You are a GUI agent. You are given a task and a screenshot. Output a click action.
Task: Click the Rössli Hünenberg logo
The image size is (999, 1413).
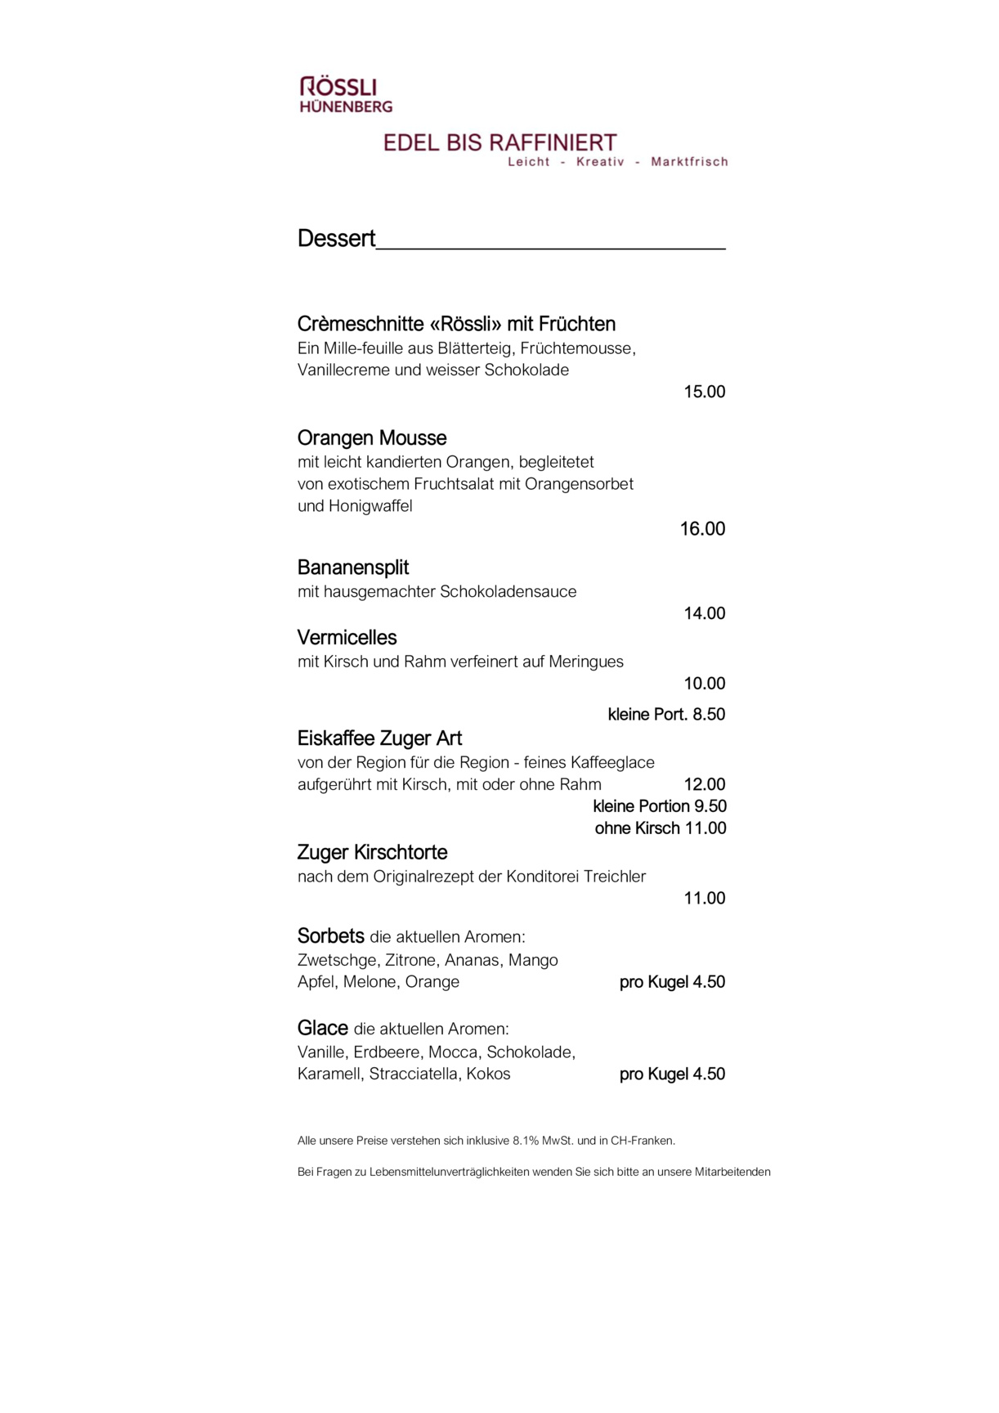click(346, 95)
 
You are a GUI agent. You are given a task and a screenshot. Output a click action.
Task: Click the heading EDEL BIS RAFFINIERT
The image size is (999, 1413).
click(500, 143)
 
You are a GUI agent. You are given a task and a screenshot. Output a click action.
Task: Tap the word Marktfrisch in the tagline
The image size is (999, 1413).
click(689, 162)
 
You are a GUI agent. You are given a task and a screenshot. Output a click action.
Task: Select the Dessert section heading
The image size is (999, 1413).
click(336, 239)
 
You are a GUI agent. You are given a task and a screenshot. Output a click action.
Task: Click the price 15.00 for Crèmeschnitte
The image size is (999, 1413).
click(705, 392)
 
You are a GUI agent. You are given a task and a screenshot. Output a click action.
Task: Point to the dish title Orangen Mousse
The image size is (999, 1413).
click(372, 438)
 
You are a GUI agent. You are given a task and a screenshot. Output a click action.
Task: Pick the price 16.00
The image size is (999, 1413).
click(703, 529)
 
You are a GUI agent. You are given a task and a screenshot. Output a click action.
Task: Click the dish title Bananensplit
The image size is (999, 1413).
click(353, 567)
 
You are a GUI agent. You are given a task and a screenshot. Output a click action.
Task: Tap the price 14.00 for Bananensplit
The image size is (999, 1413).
click(705, 613)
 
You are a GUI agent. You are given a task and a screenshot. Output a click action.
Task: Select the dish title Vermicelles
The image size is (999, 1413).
click(347, 638)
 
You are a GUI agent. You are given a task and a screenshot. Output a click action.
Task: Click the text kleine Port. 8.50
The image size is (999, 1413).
click(666, 715)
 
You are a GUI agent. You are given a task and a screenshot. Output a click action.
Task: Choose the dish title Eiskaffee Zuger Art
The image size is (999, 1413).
click(379, 739)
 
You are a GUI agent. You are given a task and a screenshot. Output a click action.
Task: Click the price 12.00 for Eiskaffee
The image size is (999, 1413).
click(705, 785)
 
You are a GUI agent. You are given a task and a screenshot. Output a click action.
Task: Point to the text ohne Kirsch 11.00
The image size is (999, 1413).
click(661, 828)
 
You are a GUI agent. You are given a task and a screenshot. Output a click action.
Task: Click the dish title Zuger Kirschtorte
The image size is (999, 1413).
click(372, 853)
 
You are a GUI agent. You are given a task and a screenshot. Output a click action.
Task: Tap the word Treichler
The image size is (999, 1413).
click(615, 877)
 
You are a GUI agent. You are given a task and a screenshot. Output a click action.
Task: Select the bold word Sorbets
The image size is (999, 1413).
click(330, 936)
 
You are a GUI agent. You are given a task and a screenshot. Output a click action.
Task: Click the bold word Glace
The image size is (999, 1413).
click(323, 1029)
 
